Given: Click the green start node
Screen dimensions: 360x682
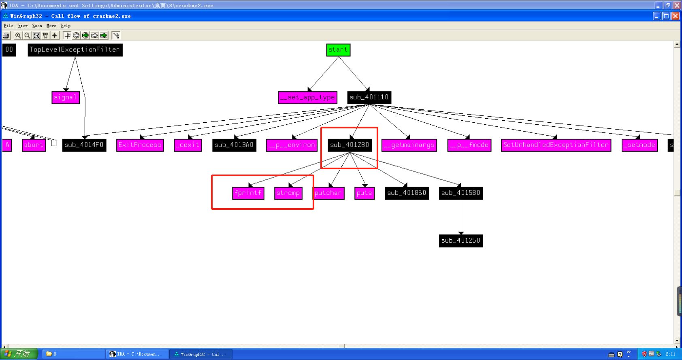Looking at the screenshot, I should point(338,50).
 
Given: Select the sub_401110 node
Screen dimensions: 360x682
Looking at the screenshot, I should point(369,97).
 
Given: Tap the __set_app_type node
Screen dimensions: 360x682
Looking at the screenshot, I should point(307,98).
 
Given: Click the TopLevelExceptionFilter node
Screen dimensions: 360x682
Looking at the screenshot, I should point(75,50).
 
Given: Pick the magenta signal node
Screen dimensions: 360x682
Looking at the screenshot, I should point(66,98).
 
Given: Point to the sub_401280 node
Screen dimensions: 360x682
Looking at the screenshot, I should point(350,145).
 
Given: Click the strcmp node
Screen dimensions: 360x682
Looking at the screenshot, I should point(288,193).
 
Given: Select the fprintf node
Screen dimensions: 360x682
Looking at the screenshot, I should point(248,193).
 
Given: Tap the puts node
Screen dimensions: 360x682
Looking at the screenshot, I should point(364,193).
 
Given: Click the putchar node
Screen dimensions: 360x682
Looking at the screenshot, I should point(328,193).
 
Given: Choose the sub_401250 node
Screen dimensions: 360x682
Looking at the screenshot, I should point(461,241).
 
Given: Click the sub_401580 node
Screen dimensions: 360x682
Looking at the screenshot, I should point(461,193).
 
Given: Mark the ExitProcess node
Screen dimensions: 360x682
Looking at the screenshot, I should point(140,145).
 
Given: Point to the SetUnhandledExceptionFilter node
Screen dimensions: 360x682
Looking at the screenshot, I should point(556,145).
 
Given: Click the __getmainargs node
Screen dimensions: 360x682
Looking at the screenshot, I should point(409,145).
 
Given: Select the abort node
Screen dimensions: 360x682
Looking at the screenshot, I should point(34,145).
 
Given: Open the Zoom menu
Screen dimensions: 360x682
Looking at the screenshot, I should point(37,26).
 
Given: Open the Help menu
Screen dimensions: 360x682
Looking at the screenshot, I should point(66,26).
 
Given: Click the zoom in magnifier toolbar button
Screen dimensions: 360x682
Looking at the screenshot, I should point(18,36).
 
